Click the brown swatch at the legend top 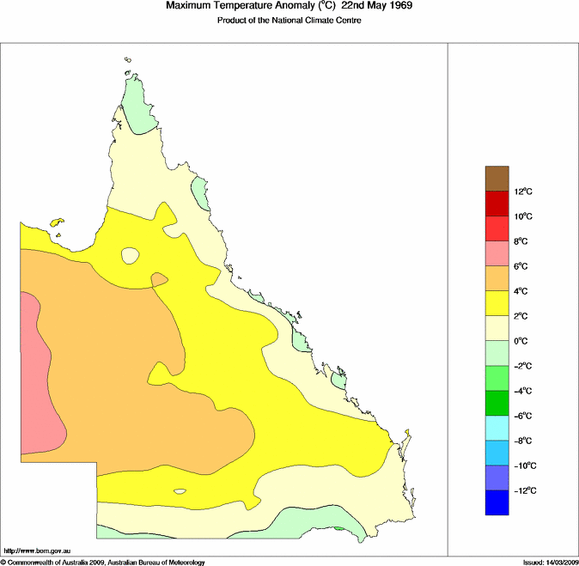pos(497,179)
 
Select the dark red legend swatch pos(497,204)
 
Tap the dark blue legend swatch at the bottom pos(497,502)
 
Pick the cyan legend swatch pos(497,428)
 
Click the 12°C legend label pos(525,192)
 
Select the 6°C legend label pos(522,266)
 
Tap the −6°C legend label pos(524,416)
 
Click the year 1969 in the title pos(389,7)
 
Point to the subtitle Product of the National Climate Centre pos(289,21)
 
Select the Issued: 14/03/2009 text pos(550,562)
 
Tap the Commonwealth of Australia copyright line pos(103,562)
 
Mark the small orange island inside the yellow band pos(159,279)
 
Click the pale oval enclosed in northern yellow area pos(131,255)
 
